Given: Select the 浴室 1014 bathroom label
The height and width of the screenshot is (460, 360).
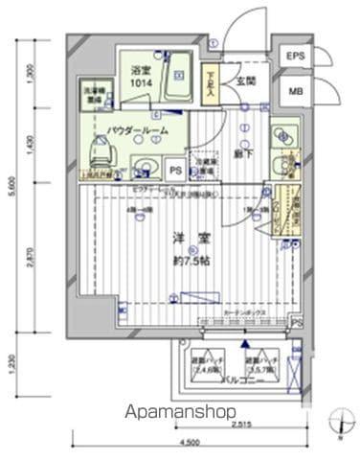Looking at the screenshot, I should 142,75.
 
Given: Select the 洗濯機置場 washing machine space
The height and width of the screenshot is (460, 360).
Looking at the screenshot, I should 93,94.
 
